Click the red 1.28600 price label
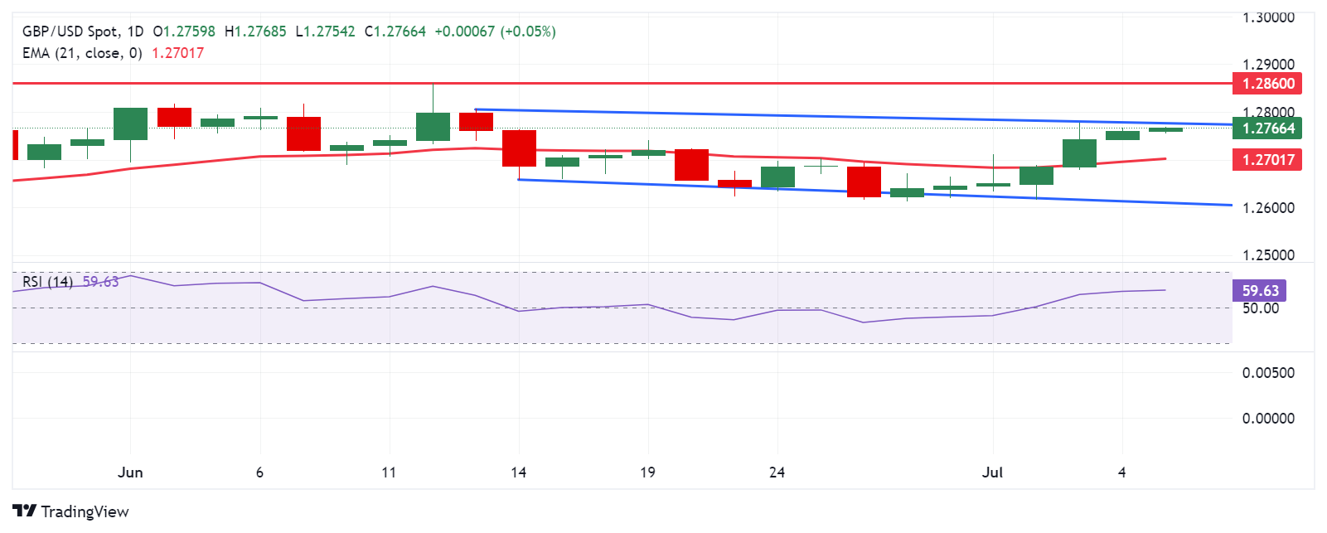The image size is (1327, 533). pos(1267,84)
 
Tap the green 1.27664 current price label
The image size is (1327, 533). pos(1267,128)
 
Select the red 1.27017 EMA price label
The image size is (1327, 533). pos(1267,160)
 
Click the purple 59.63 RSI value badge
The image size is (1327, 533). pos(1260,291)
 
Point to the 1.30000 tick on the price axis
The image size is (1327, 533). pos(1268,17)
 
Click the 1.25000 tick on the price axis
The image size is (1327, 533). pos(1268,255)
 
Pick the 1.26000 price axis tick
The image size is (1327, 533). pos(1268,208)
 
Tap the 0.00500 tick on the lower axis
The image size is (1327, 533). pos(1268,373)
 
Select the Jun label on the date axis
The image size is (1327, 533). pos(130,472)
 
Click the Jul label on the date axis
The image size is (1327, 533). pos(992,472)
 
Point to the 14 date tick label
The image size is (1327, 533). pos(518,472)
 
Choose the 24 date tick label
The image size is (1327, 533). pos(777,472)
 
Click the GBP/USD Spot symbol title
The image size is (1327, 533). pos(70,31)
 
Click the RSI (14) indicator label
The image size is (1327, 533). pos(47,282)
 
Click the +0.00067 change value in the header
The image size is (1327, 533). pos(464,31)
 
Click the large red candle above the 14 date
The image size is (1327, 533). pos(519,148)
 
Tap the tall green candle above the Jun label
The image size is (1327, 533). pos(130,124)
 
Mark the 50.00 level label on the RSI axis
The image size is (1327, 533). pos(1260,308)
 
